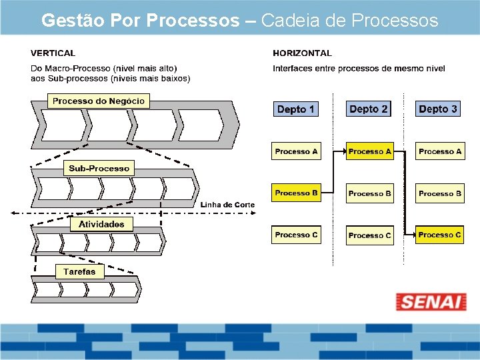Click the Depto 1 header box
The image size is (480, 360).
(296, 109)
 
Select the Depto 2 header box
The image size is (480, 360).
(369, 109)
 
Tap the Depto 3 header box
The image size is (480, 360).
(438, 109)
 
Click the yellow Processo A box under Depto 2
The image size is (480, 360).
(369, 151)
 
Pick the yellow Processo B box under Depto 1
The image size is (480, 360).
(296, 193)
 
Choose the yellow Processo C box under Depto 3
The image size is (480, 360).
(439, 235)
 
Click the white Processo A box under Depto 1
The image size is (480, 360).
(296, 151)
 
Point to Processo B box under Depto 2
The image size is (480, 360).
(369, 193)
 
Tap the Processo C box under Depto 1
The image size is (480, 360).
(296, 235)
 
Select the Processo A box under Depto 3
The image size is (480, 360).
(439, 151)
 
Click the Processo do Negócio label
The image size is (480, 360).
(99, 101)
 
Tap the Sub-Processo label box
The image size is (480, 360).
(99, 168)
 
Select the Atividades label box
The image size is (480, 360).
(101, 224)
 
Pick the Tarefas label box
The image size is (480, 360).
(79, 271)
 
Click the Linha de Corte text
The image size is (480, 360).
(227, 205)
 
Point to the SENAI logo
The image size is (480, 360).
(431, 301)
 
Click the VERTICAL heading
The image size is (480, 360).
(53, 53)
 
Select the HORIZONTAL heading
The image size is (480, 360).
(302, 53)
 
